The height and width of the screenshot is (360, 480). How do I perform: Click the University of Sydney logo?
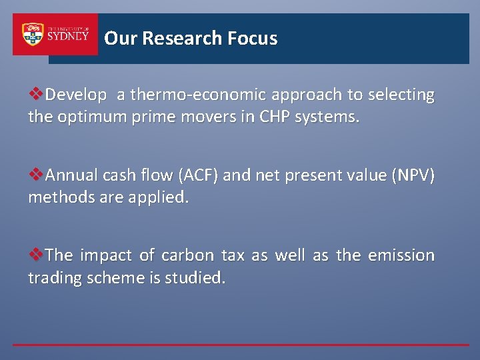pos(55,35)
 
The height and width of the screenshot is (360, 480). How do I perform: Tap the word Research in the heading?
pos(182,39)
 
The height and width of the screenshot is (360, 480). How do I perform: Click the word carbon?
pos(188,256)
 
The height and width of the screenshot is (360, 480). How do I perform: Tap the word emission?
pos(401,256)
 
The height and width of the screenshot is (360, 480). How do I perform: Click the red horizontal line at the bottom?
pos(240,345)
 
